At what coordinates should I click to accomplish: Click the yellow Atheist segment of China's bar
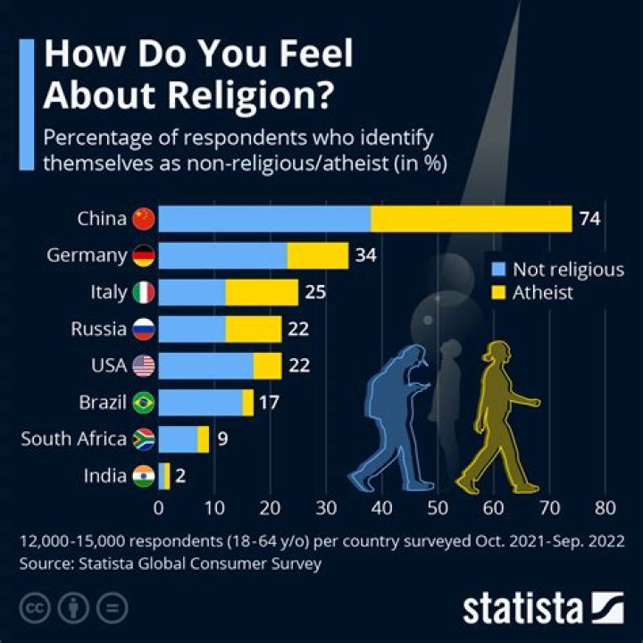(x=471, y=219)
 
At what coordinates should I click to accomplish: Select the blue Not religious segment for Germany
(x=222, y=255)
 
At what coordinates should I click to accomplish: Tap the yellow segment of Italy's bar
(x=262, y=292)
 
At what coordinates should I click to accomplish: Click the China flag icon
(x=143, y=219)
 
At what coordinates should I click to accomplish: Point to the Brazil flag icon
(x=143, y=403)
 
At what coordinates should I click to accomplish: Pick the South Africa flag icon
(x=143, y=439)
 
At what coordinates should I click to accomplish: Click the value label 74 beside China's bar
(x=589, y=219)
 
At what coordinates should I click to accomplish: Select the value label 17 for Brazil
(x=269, y=403)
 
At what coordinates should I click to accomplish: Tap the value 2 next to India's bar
(x=180, y=476)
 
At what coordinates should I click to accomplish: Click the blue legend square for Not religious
(x=499, y=270)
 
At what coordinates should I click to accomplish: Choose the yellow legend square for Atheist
(x=499, y=292)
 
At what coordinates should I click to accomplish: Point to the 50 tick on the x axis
(x=438, y=509)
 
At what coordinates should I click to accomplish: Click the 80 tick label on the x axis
(x=605, y=509)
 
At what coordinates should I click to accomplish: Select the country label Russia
(x=98, y=329)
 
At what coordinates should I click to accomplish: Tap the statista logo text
(x=522, y=609)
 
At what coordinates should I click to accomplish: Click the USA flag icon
(x=143, y=365)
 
